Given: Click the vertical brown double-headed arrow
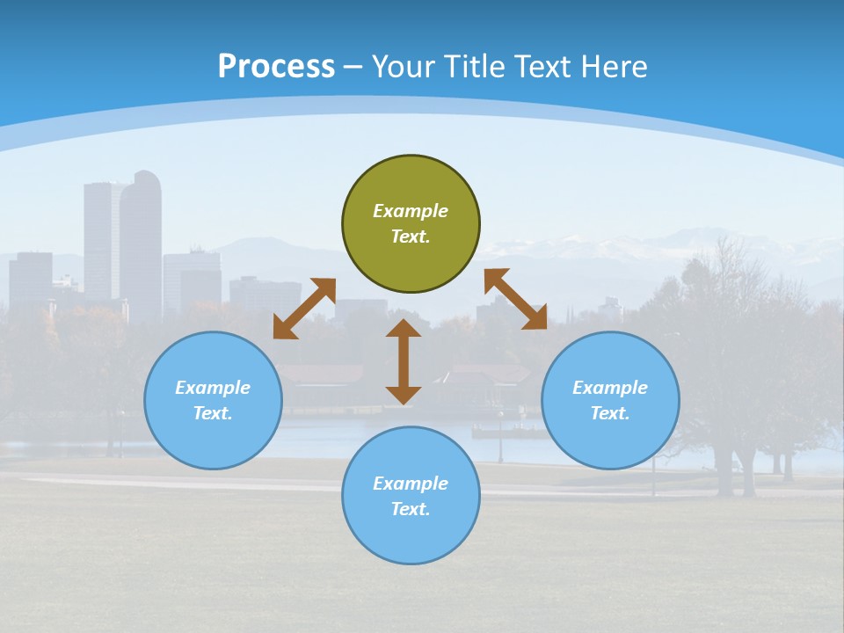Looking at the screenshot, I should pyautogui.click(x=404, y=361).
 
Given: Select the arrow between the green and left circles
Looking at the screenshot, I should pyautogui.click(x=304, y=308).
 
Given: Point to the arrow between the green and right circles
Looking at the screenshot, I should pyautogui.click(x=516, y=299).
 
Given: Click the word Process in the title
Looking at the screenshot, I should pyautogui.click(x=276, y=67).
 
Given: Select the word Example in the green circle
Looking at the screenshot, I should pyautogui.click(x=411, y=211).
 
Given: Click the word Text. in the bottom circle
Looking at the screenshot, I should pyautogui.click(x=411, y=509).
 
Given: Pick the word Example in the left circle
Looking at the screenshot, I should pyautogui.click(x=213, y=388).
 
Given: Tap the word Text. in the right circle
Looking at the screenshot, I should pyautogui.click(x=609, y=413).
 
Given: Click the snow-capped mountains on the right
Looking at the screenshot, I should pyautogui.click(x=703, y=242).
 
